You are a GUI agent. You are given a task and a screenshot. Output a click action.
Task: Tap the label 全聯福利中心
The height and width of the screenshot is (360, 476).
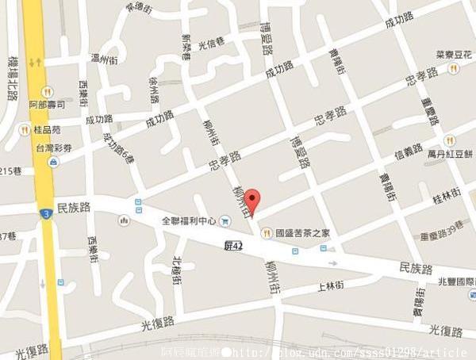click(189, 221)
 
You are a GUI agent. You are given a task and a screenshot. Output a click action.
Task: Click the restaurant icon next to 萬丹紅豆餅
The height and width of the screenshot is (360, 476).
click(450, 140)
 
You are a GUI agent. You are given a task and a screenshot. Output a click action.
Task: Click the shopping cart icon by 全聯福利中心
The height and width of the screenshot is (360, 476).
click(226, 221)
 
